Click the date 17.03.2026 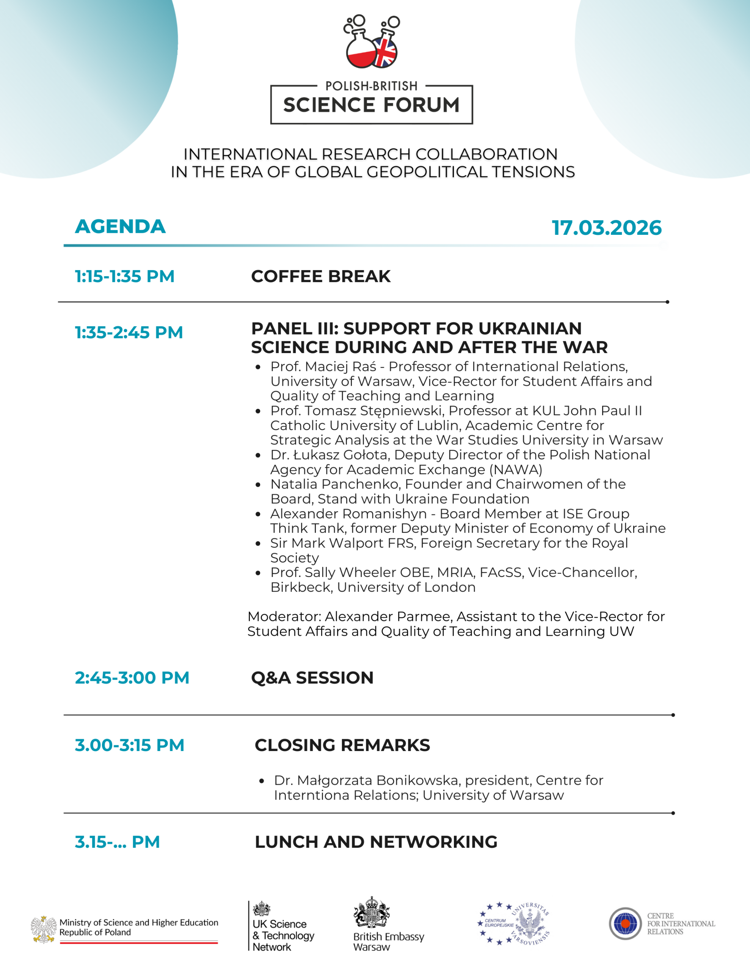pos(606,228)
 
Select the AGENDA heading pos(120,226)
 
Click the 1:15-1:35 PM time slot pos(124,276)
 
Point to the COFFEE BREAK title pos(320,276)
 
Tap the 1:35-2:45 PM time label pos(129,332)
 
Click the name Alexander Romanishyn pos(348,514)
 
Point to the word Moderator pos(283,616)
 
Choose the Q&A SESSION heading pos(312,677)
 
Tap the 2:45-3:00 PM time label pos(132,677)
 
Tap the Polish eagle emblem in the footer pos(43,929)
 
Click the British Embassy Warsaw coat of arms pos(371,912)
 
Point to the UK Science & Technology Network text pos(283,935)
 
